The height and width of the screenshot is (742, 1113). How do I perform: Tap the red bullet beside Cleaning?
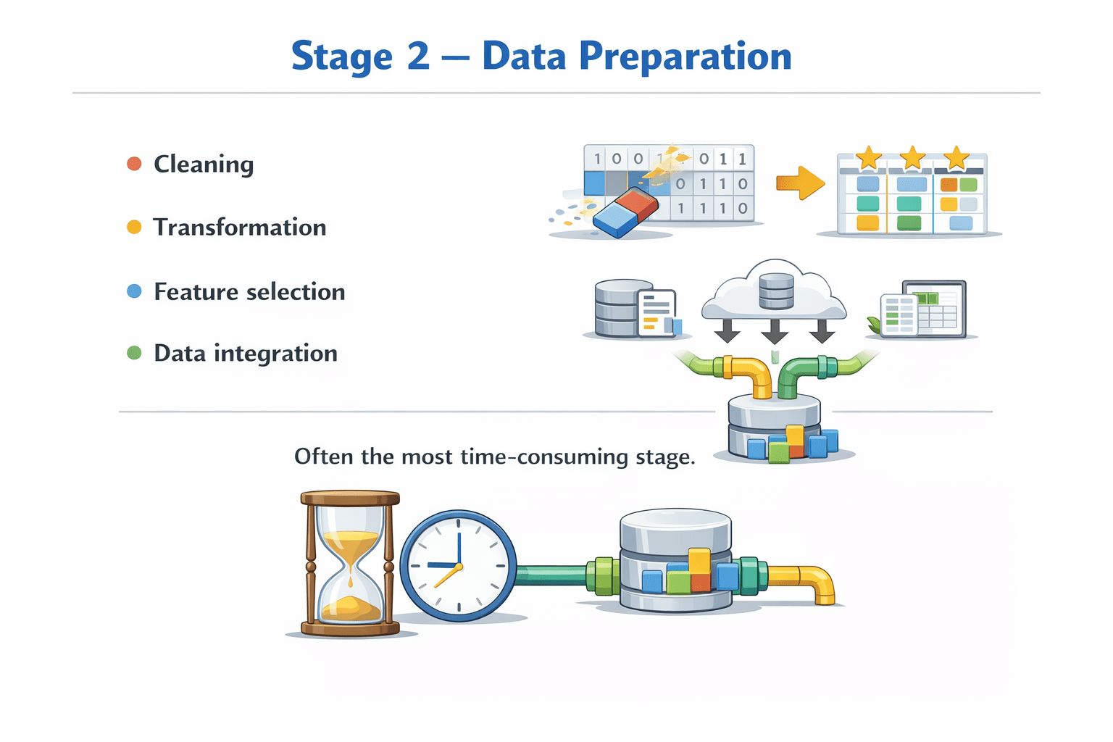[x=134, y=164]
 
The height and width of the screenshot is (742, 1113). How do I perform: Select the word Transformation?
[x=240, y=228]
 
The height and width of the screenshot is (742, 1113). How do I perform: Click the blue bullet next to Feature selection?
[x=134, y=291]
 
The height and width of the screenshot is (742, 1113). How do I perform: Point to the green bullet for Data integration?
[x=134, y=353]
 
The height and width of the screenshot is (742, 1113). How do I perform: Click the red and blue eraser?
[x=625, y=212]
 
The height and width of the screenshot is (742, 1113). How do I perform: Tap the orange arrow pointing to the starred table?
[x=801, y=183]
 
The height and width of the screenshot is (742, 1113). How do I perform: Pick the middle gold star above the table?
[x=912, y=158]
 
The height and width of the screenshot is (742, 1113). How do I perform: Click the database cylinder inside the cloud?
[x=776, y=291]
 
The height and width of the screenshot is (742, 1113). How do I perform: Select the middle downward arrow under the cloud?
[x=774, y=331]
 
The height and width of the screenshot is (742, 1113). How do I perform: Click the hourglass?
[x=350, y=564]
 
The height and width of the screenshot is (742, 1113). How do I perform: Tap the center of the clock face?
[x=458, y=566]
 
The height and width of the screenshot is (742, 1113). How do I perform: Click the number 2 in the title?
[x=418, y=57]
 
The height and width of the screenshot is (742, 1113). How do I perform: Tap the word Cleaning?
[x=204, y=164]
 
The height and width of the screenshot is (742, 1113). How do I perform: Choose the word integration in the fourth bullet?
[x=276, y=354]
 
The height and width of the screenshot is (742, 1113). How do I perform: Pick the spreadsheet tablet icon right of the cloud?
[x=924, y=309]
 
